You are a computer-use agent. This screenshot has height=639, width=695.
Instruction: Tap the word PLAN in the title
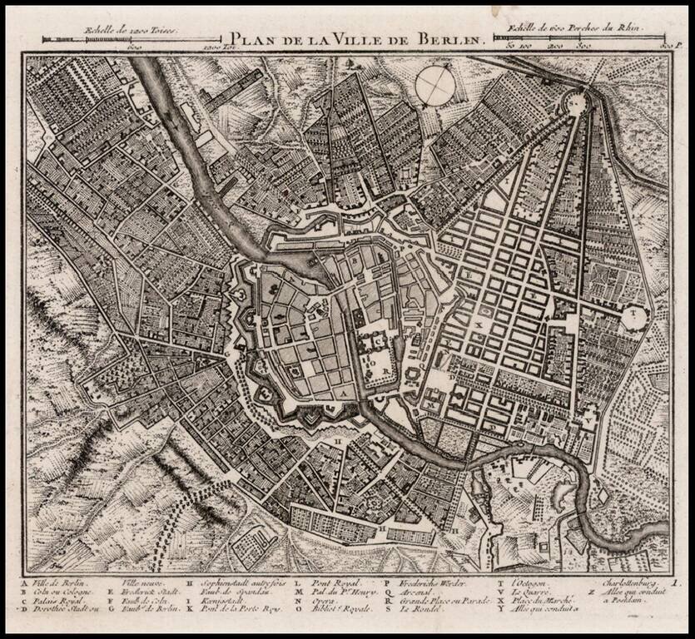[x=247, y=38]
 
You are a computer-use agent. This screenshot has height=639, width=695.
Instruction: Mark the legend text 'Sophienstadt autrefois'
[x=237, y=583]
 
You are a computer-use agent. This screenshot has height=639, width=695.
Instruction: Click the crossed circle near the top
[x=435, y=86]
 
